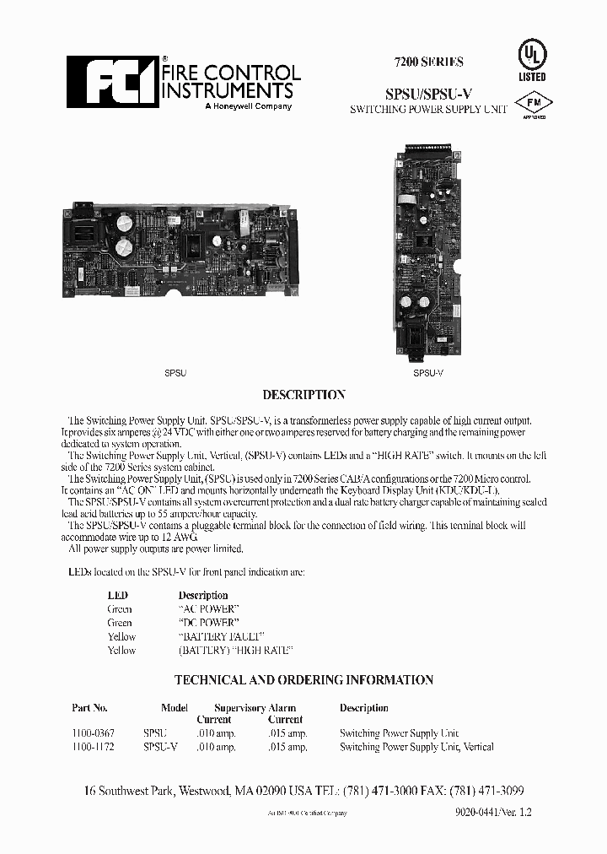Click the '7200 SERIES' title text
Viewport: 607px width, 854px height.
coord(428,62)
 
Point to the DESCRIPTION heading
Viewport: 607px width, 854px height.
coord(303,395)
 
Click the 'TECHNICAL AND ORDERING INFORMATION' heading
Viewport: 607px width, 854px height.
coord(303,679)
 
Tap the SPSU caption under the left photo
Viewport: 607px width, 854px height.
coord(175,372)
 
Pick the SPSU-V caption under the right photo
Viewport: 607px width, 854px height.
coord(428,372)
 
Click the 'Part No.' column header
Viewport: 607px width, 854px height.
coord(90,708)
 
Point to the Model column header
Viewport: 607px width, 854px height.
coord(175,708)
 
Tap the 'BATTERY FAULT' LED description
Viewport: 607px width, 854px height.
coord(222,636)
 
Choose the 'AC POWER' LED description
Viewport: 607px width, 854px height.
coord(209,608)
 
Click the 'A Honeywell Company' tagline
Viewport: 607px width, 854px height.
coord(249,106)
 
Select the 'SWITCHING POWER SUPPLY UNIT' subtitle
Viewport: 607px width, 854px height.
coord(428,111)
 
